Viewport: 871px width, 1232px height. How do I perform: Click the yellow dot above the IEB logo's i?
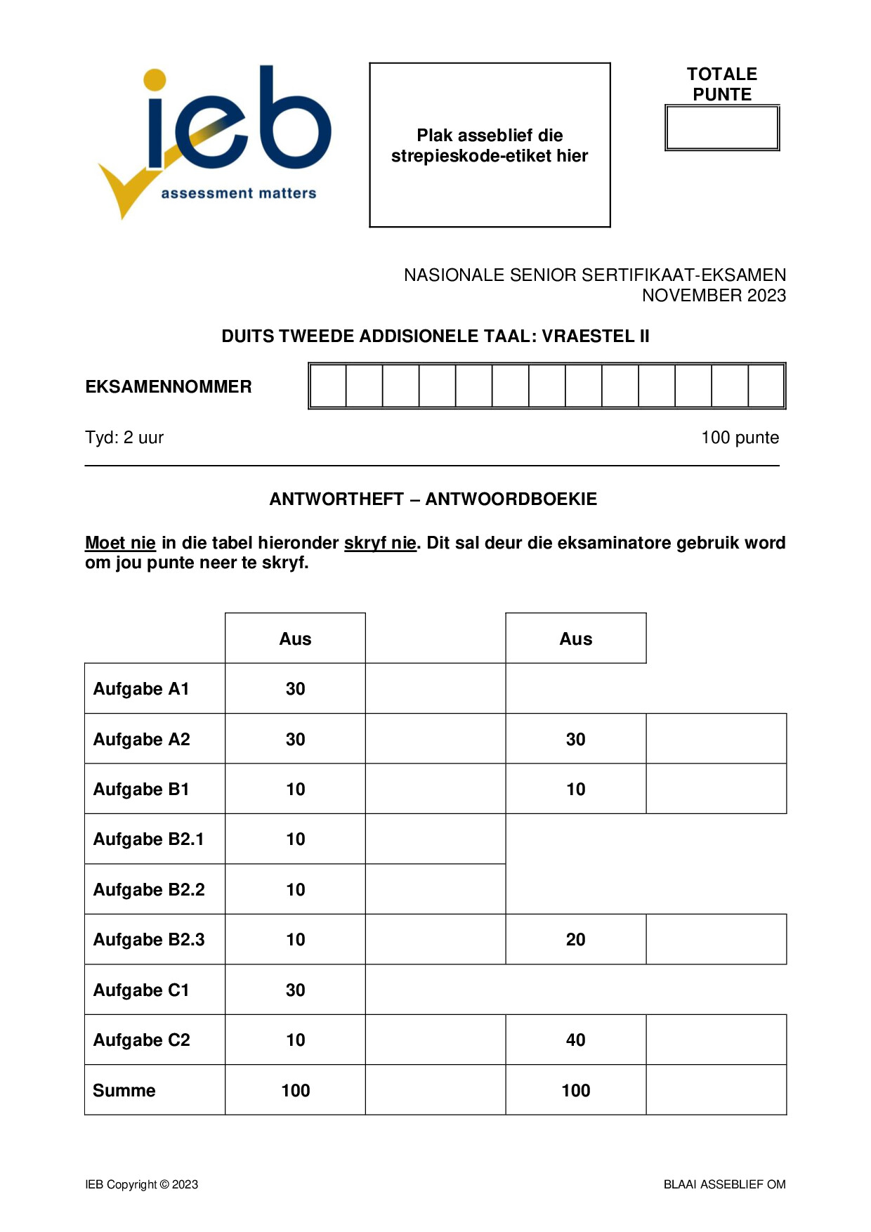click(155, 79)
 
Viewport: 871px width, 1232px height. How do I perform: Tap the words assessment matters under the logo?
click(239, 193)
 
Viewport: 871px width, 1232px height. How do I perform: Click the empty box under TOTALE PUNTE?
click(722, 128)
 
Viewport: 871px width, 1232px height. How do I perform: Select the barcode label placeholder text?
click(490, 145)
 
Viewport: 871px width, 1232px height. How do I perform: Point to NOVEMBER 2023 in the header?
click(714, 296)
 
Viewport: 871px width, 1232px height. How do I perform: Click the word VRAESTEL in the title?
click(588, 336)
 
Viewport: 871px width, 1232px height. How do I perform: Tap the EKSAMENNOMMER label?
click(169, 387)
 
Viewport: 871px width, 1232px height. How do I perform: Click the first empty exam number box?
click(328, 386)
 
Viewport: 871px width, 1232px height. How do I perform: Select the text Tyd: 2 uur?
click(124, 438)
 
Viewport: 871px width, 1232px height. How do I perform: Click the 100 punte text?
click(740, 438)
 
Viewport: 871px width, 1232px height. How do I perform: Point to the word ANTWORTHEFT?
click(336, 499)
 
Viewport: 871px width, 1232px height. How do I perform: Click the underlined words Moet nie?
click(120, 543)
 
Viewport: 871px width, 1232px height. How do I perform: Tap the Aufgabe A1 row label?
click(141, 689)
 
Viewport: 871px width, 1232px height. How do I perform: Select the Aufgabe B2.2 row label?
click(149, 890)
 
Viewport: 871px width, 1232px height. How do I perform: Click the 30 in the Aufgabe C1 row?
click(295, 990)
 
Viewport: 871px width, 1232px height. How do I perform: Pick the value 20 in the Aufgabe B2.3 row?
click(575, 940)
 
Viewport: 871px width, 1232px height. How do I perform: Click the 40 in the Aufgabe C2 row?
click(575, 1040)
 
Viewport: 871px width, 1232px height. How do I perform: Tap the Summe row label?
click(124, 1091)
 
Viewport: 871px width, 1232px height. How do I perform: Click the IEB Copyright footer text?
click(142, 1185)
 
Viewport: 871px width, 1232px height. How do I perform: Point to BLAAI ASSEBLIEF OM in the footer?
click(724, 1185)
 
